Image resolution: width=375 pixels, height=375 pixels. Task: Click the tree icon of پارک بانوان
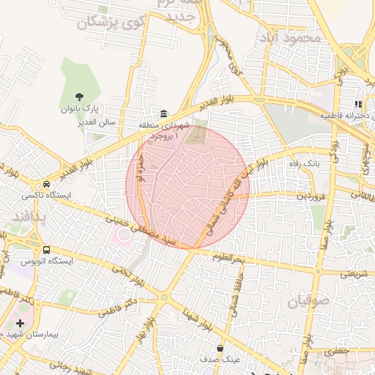[x=80, y=95]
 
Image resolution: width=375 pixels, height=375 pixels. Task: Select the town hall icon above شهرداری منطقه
[x=163, y=114]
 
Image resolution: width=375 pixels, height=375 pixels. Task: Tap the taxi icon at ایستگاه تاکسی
[x=47, y=185]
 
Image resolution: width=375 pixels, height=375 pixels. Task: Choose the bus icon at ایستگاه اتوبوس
[x=47, y=250]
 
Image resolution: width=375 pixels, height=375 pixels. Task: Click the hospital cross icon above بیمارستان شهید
[x=19, y=322]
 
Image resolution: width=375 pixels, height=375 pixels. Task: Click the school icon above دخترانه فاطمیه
[x=358, y=105]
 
